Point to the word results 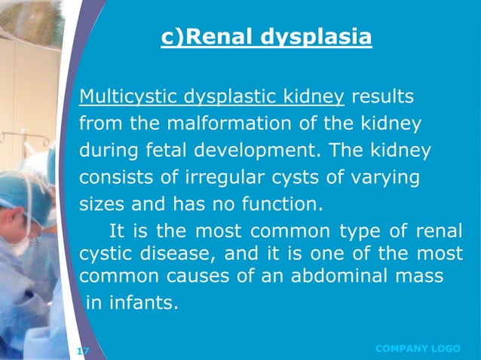click(381, 97)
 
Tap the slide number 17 click(83, 350)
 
